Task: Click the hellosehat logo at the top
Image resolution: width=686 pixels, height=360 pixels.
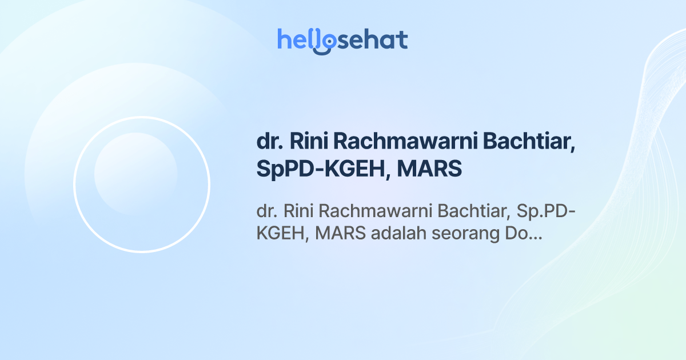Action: coord(342,41)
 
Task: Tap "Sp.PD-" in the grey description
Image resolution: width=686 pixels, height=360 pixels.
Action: coord(546,211)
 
